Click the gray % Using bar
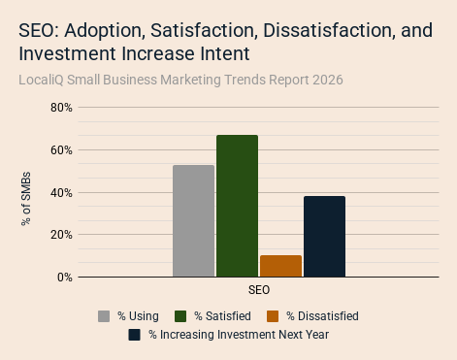tap(193, 221)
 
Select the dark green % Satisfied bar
tap(237, 206)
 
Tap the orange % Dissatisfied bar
tap(280, 266)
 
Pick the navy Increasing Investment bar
tap(324, 237)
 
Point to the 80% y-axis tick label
tap(61, 108)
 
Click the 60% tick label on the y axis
tap(61, 150)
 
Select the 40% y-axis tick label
tap(61, 193)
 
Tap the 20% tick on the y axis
tap(61, 235)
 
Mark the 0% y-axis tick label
tap(65, 278)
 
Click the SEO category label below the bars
tap(259, 290)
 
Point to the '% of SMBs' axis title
tap(26, 199)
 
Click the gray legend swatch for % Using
tap(104, 316)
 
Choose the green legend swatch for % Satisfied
tap(180, 316)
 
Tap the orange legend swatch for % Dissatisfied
tap(273, 316)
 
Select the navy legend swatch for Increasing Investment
tap(134, 335)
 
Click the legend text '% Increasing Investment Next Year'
tap(239, 335)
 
